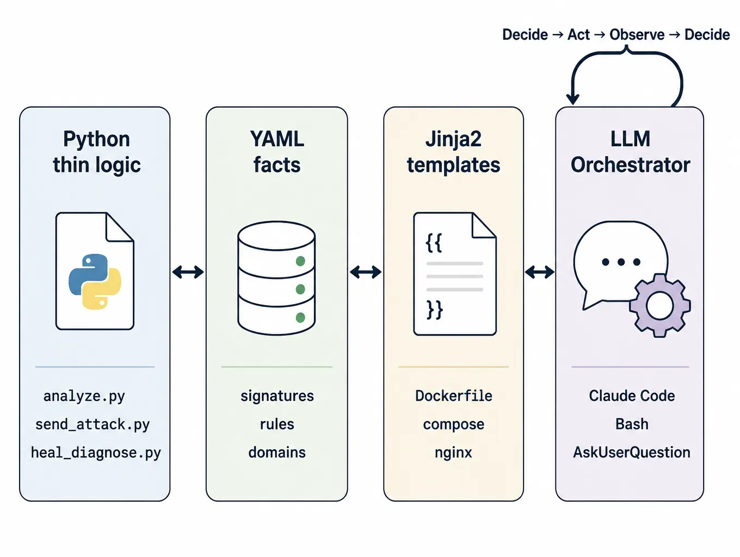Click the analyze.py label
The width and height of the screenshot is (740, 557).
point(84,397)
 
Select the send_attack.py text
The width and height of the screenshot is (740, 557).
point(92,425)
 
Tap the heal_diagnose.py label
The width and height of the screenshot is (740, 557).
point(96,453)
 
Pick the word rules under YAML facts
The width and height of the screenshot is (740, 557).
point(277,424)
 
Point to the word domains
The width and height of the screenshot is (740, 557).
point(277,453)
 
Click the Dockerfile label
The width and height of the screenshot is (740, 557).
point(453,396)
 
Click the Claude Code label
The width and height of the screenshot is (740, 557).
point(632,396)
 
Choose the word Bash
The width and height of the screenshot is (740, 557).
point(632,424)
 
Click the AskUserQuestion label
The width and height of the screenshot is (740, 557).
point(632,453)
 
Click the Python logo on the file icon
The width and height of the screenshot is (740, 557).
point(95,282)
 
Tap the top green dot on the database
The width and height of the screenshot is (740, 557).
point(300,261)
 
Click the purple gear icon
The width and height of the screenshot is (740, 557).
point(660,306)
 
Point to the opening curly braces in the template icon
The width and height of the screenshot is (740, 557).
point(434,243)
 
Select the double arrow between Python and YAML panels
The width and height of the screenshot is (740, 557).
point(188,272)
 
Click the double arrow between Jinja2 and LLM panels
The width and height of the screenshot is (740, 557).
point(539,272)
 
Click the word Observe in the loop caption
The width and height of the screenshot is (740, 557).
point(637,35)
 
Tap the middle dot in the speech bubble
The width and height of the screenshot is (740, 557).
point(621,262)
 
